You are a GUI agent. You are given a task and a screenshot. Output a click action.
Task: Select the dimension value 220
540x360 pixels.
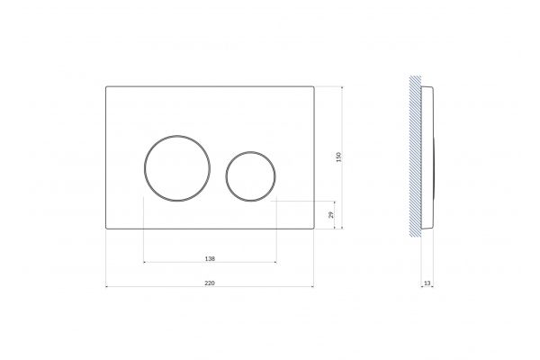(x=210, y=283)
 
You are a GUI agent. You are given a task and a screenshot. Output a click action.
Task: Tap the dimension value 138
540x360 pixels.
(x=210, y=258)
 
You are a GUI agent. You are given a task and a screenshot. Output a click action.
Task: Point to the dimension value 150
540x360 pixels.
(x=339, y=157)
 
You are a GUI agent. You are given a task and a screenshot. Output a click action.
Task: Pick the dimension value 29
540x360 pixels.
(x=331, y=215)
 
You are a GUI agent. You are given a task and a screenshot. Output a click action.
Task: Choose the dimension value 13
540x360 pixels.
(x=427, y=283)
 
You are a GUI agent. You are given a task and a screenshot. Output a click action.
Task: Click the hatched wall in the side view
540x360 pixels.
(x=415, y=156)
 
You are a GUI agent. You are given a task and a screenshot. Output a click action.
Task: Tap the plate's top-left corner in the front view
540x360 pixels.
(x=105, y=86)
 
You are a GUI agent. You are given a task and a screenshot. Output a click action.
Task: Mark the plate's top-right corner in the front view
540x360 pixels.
(x=314, y=86)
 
